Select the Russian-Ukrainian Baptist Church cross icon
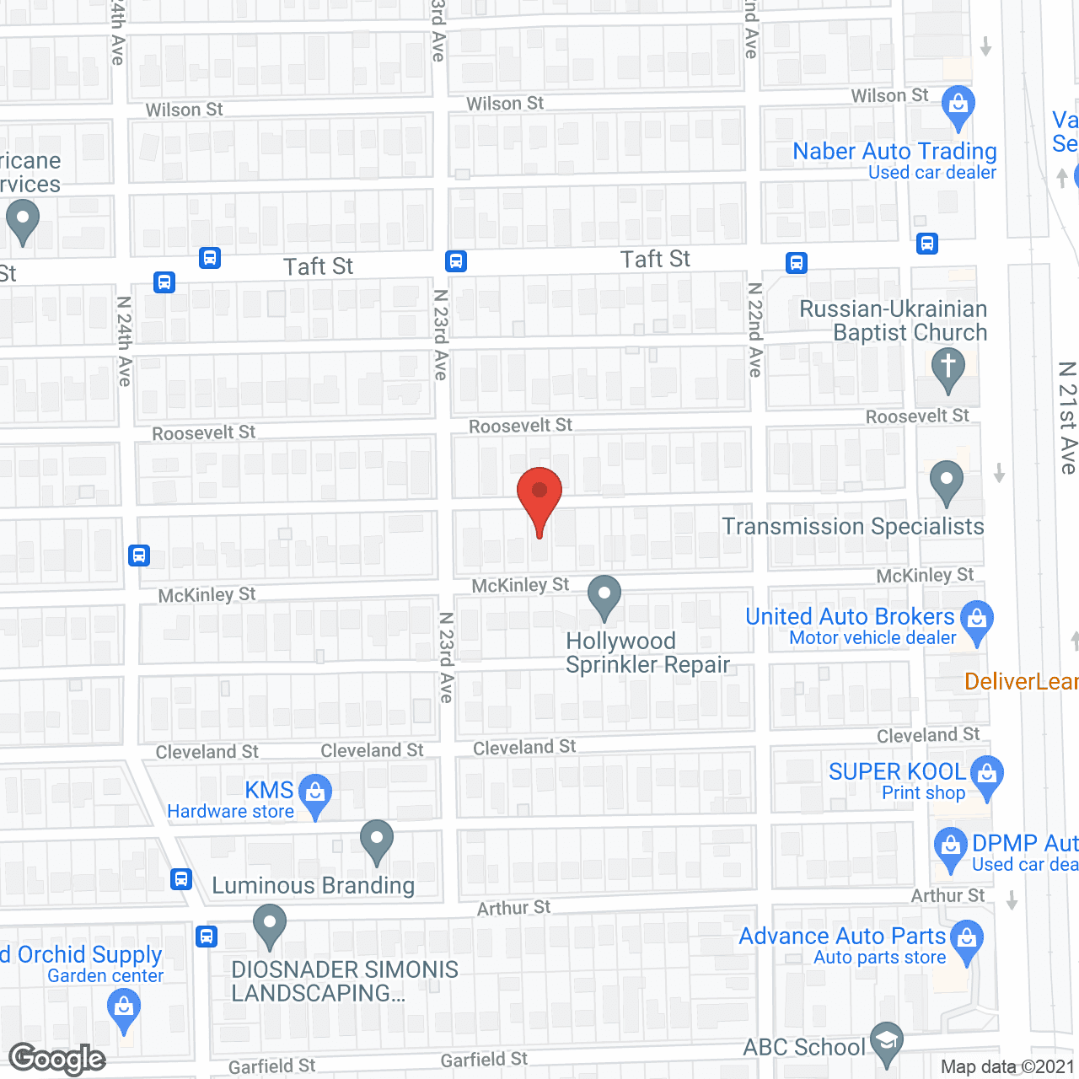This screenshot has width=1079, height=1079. (x=947, y=369)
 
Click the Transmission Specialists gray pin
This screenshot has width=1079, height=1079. (x=947, y=482)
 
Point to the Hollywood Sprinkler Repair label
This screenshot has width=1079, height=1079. (x=647, y=652)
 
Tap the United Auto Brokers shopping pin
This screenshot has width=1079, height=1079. (x=977, y=621)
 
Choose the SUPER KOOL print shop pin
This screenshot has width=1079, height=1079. (x=986, y=776)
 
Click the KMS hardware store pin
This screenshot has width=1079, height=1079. (x=315, y=795)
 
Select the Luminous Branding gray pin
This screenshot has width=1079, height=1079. (x=377, y=841)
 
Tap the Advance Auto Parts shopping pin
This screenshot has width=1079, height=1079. (x=967, y=941)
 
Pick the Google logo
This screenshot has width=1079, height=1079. (x=57, y=1059)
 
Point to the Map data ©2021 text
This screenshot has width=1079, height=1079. (x=1007, y=1067)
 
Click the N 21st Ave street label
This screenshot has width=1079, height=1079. (x=1067, y=417)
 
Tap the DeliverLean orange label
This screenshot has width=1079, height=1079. (x=1021, y=681)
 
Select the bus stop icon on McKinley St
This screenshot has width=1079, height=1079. (x=139, y=556)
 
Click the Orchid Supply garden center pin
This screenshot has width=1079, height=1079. (x=124, y=1009)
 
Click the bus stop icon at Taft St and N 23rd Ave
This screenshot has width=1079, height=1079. (x=456, y=261)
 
